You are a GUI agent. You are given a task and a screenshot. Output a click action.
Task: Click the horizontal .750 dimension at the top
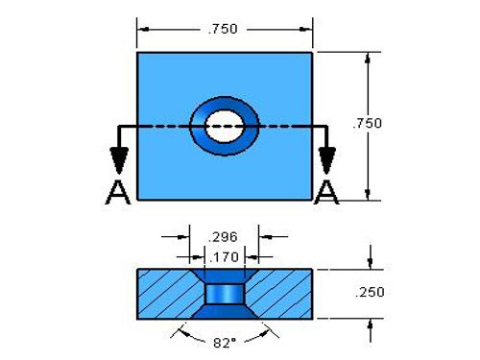(x=223, y=29)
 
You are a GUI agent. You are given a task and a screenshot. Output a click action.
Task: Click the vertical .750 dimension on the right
(x=368, y=123)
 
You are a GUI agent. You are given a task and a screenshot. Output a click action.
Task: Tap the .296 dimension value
(x=223, y=237)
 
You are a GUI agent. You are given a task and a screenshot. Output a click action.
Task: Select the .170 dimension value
(x=224, y=257)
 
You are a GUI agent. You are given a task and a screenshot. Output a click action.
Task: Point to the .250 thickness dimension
(x=370, y=292)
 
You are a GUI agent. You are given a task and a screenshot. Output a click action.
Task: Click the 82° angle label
(x=225, y=344)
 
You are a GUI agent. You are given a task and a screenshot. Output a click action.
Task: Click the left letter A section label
(x=118, y=192)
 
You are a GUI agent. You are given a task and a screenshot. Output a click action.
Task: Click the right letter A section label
(x=326, y=192)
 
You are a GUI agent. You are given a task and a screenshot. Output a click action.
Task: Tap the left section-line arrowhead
(x=119, y=160)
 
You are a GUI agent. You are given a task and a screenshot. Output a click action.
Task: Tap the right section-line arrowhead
(x=326, y=160)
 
